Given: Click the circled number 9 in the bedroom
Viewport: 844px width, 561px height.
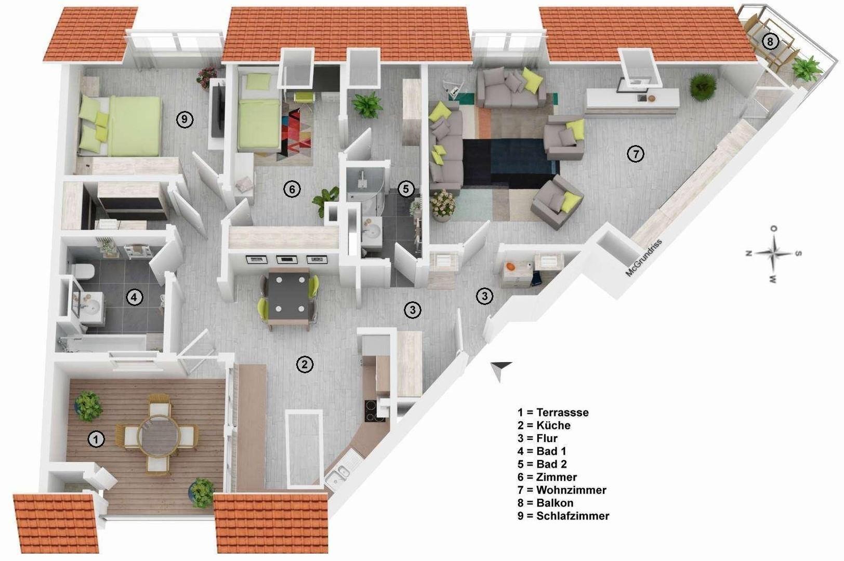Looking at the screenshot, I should pyautogui.click(x=184, y=119).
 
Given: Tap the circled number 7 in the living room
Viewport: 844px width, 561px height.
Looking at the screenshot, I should pyautogui.click(x=635, y=154).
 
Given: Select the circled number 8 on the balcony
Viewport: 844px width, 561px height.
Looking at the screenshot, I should pyautogui.click(x=770, y=41).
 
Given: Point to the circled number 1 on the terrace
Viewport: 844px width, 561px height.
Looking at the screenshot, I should pyautogui.click(x=96, y=439).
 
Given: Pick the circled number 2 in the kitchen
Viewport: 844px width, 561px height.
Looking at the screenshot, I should pyautogui.click(x=305, y=364).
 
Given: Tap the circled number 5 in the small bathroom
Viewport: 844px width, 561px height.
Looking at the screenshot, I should pyautogui.click(x=406, y=189).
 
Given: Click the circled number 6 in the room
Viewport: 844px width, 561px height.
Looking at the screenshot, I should pyautogui.click(x=292, y=189).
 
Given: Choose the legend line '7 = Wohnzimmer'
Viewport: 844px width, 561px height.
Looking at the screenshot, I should pyautogui.click(x=562, y=490).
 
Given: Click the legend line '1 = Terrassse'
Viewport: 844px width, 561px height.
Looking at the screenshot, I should pyautogui.click(x=553, y=412).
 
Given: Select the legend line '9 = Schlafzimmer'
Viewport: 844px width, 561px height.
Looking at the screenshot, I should pyautogui.click(x=563, y=516).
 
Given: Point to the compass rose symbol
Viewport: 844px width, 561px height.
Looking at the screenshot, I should pyautogui.click(x=773, y=253).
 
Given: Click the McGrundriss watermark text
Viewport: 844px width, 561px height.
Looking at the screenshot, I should pyautogui.click(x=643, y=258).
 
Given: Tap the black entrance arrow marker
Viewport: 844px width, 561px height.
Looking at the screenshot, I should pyautogui.click(x=501, y=369).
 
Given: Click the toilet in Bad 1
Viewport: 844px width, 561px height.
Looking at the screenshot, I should pyautogui.click(x=83, y=271).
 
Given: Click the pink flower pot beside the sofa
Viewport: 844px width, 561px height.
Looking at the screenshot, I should pyautogui.click(x=443, y=204).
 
